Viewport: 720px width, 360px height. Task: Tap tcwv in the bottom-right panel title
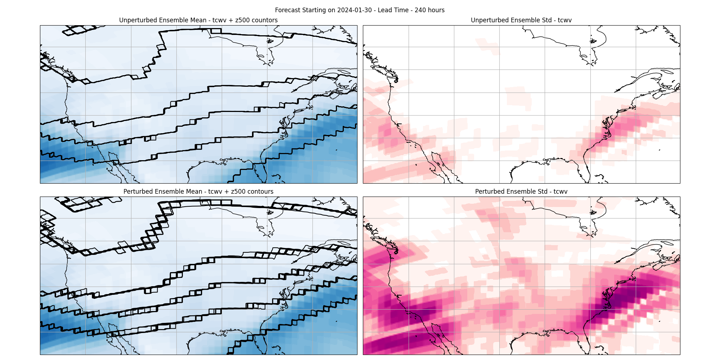point(560,192)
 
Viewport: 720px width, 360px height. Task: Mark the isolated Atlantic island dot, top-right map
point(660,150)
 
